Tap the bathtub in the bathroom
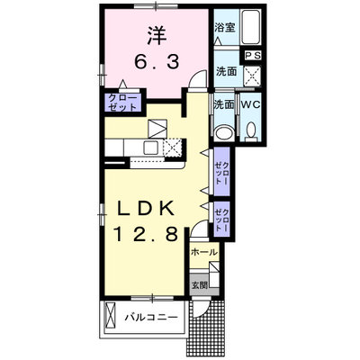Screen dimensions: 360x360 tap(251, 27)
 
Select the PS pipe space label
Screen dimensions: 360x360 tap(253, 56)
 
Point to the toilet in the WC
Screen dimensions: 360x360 tap(251, 132)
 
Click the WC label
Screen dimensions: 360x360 tap(250, 104)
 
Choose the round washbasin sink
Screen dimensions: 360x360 tap(225, 132)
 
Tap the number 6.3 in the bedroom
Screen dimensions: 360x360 tap(156, 62)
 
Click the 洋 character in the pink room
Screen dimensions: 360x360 tap(157, 35)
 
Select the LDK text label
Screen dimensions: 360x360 tap(146, 208)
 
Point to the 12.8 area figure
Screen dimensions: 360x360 tap(146, 234)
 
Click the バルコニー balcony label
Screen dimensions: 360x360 tap(151, 318)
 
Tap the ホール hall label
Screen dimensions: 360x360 tap(204, 252)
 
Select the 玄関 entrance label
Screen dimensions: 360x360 tap(200, 285)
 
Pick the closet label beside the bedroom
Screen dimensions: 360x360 tap(122, 103)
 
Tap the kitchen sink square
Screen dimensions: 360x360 tap(152, 148)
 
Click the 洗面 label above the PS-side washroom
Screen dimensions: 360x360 tap(227, 71)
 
